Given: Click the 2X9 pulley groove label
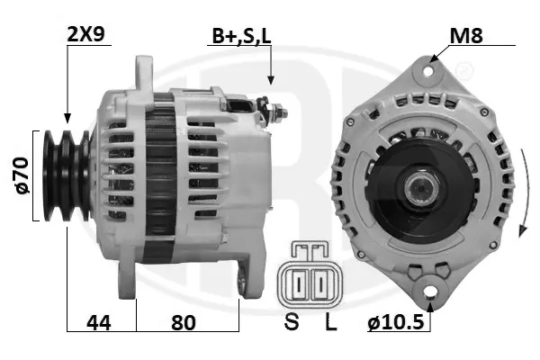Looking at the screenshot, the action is click(x=85, y=34).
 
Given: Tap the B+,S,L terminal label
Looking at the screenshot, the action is click(x=241, y=36).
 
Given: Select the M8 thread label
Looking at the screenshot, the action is click(x=466, y=35).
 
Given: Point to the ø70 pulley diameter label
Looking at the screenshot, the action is click(x=22, y=175).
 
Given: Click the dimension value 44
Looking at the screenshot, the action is click(x=99, y=323).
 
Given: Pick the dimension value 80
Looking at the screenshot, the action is click(x=184, y=323).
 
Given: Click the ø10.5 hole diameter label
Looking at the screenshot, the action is click(x=396, y=323).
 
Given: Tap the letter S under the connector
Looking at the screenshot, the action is click(x=292, y=322).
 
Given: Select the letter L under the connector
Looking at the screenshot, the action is click(x=330, y=322).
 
